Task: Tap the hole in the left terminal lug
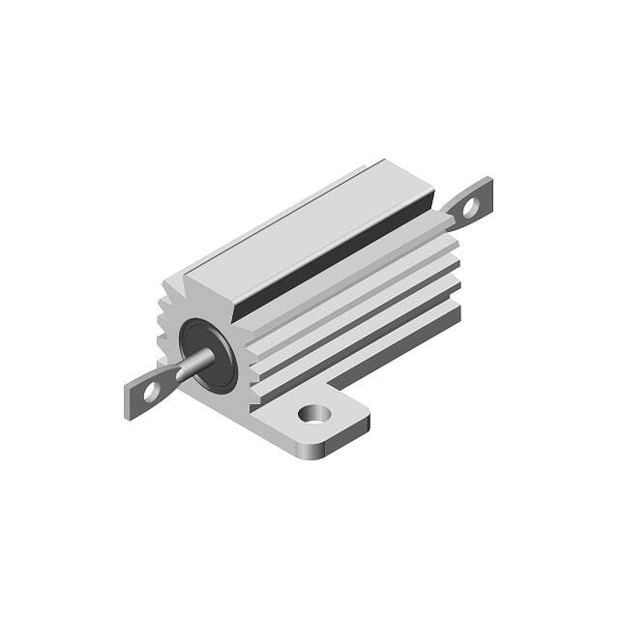coord(151,392)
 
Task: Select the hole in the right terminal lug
coord(470,206)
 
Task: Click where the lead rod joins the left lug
coord(170,379)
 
